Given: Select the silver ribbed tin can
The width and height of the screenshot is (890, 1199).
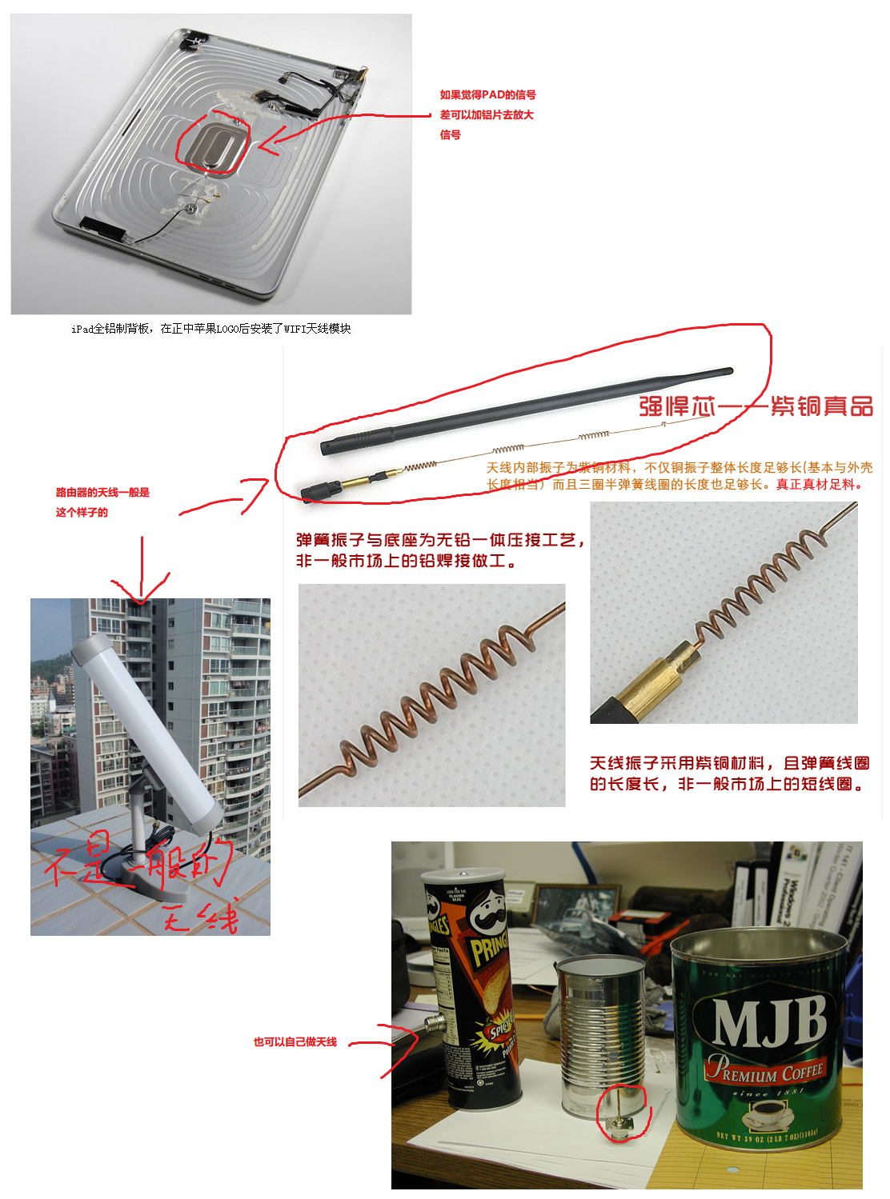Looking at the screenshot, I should click(x=600, y=1032).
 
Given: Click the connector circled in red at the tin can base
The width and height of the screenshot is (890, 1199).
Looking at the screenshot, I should click(x=622, y=1124).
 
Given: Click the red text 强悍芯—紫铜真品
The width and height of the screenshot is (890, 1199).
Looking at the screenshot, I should click(x=756, y=406).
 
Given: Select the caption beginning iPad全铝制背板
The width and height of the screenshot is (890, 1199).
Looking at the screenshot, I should click(x=210, y=329).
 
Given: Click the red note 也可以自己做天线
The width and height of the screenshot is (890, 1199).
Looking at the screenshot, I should click(x=295, y=1042).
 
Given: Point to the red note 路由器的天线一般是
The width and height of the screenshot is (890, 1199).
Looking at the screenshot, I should click(x=102, y=493).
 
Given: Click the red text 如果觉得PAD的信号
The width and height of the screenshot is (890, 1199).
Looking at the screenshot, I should click(x=487, y=95).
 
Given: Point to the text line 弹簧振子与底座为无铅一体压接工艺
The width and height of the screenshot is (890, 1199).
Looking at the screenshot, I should click(x=439, y=542).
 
